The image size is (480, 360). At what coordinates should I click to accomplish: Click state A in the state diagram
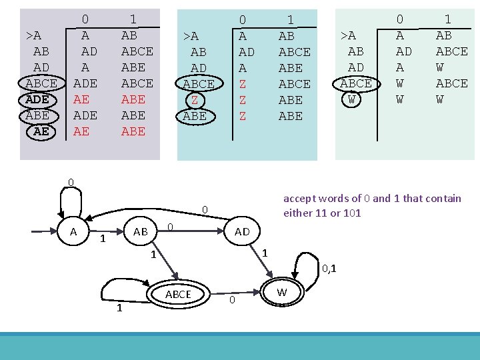[73, 231]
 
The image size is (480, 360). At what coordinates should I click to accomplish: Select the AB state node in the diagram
[141, 231]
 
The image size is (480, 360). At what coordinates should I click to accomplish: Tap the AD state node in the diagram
[242, 231]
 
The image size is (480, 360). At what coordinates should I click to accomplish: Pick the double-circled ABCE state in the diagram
[178, 294]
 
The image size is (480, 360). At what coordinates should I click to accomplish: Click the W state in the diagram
[282, 293]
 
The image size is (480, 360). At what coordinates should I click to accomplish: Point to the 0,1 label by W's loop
[329, 269]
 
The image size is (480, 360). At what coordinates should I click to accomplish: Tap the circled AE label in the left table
[41, 131]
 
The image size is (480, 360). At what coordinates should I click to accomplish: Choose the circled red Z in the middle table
[195, 100]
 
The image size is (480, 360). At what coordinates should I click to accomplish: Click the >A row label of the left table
[33, 35]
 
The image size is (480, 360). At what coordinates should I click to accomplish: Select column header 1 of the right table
[447, 19]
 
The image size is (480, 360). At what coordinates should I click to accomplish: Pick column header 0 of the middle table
[243, 21]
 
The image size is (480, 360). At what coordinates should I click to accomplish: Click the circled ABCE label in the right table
[356, 83]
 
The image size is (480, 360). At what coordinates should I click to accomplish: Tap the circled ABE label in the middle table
[194, 115]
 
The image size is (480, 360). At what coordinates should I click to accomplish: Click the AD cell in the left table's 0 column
[89, 51]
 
